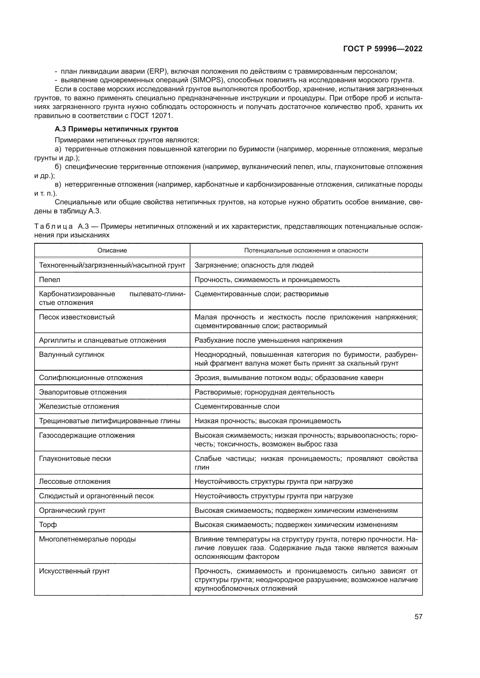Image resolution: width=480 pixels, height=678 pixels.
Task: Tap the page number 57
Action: click(x=418, y=617)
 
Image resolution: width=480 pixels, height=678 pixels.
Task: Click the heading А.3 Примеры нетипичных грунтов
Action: click(x=116, y=129)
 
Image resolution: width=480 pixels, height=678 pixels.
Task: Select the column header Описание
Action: click(x=112, y=250)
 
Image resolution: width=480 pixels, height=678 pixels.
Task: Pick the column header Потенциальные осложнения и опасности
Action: click(x=306, y=250)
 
